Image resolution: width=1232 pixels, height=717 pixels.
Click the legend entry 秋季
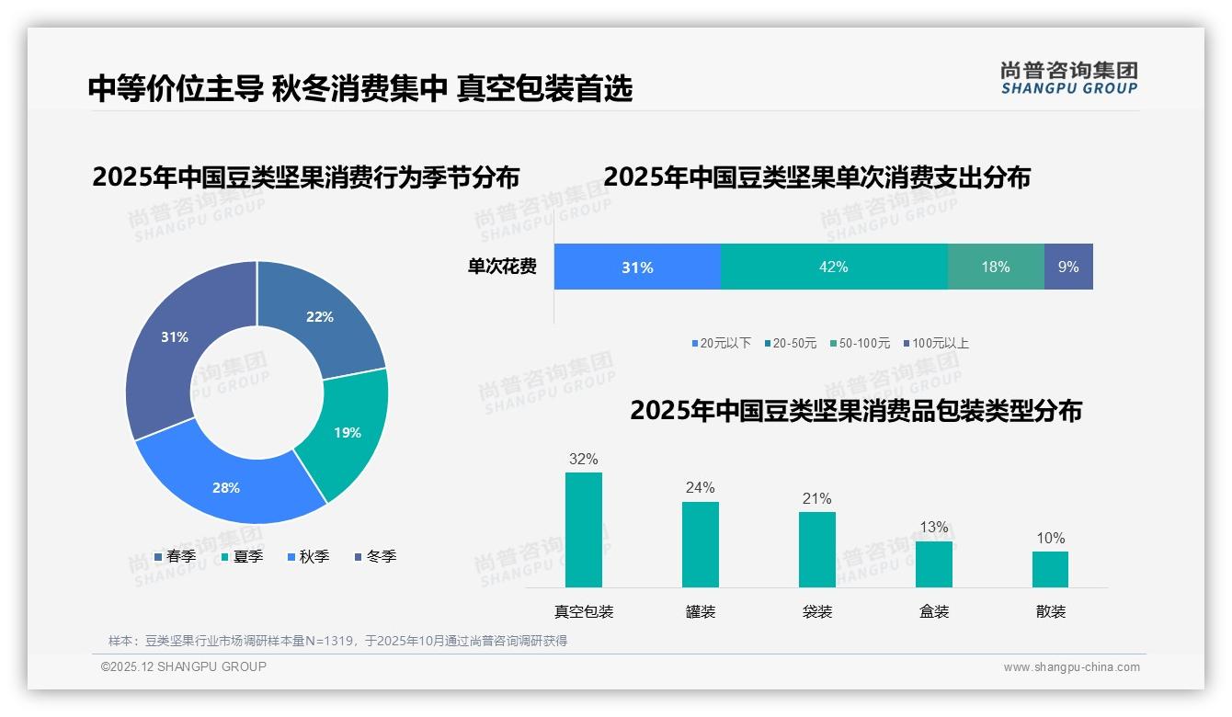click(308, 556)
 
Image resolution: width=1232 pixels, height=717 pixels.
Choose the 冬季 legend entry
click(375, 556)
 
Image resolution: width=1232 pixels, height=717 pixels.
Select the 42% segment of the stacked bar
click(833, 267)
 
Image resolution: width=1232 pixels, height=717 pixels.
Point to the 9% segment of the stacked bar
click(1068, 267)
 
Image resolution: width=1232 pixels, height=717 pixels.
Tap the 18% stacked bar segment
click(995, 267)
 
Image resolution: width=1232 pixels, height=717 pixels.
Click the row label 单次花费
click(502, 267)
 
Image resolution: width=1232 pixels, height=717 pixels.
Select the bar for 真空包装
click(583, 529)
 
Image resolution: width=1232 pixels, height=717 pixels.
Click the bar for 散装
click(1050, 569)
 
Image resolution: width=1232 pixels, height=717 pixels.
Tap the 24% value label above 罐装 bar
click(700, 487)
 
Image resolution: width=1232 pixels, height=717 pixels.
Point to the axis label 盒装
click(934, 611)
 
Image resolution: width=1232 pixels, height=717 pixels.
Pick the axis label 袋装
click(816, 611)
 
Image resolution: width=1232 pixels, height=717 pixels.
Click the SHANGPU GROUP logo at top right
click(1068, 78)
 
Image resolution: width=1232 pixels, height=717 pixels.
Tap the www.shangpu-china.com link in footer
click(1071, 667)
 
